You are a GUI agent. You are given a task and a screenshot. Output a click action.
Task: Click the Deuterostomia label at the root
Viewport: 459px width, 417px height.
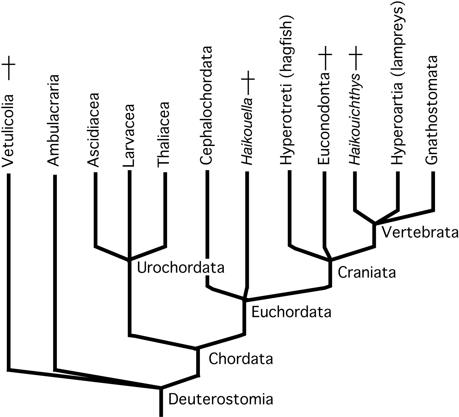[220, 400]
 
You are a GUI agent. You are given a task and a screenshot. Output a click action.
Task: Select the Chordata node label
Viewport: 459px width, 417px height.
[240, 359]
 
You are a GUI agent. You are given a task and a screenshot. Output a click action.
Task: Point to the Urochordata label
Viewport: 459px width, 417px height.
[181, 268]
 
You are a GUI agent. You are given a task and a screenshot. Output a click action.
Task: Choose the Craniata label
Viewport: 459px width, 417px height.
[367, 272]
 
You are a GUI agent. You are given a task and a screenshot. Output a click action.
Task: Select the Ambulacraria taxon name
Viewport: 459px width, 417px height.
[54, 120]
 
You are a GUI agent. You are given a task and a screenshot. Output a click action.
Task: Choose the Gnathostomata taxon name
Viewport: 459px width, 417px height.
[431, 109]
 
